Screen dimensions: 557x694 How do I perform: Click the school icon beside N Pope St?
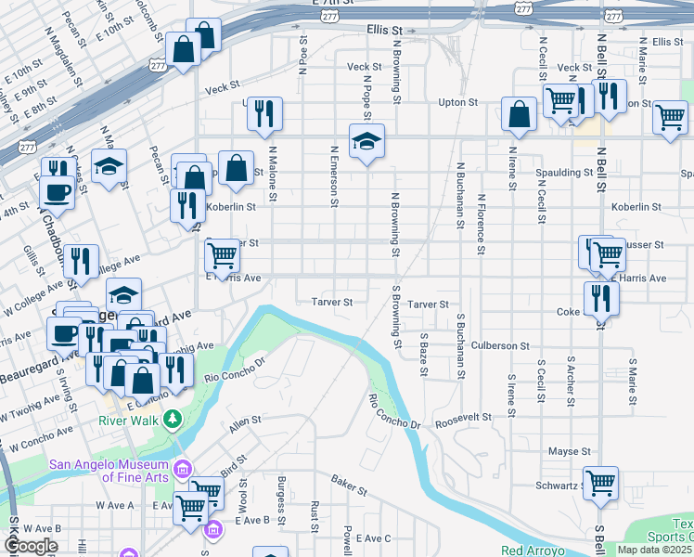tap(366, 142)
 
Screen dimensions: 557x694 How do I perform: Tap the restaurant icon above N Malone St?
tap(264, 113)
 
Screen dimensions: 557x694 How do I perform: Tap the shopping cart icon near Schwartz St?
tap(600, 482)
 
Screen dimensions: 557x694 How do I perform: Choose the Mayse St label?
tap(569, 452)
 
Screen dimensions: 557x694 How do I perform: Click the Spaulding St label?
tap(564, 173)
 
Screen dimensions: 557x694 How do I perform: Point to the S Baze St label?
tap(423, 355)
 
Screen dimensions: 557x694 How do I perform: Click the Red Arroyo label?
tap(533, 551)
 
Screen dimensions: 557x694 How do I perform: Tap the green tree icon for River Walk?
tap(172, 421)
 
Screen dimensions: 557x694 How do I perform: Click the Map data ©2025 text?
tap(654, 550)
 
